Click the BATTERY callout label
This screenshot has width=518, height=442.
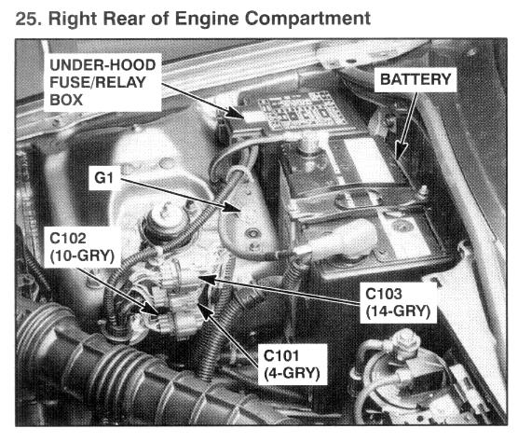point(416,79)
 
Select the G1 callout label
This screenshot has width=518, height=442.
point(104,178)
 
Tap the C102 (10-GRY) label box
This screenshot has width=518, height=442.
point(82,247)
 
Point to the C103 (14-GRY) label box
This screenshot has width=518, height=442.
point(398,303)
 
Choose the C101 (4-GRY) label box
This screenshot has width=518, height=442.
point(292,365)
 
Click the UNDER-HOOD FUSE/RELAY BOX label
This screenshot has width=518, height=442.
point(102,83)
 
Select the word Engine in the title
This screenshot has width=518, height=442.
point(207,19)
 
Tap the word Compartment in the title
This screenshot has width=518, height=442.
point(307,20)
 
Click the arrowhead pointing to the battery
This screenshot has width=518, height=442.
point(401,151)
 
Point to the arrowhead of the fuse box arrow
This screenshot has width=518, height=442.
point(235,113)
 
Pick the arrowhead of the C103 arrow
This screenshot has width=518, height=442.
point(207,279)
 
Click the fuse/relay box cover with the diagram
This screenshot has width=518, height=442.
point(297,109)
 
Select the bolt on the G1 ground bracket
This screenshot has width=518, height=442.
point(252,234)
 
